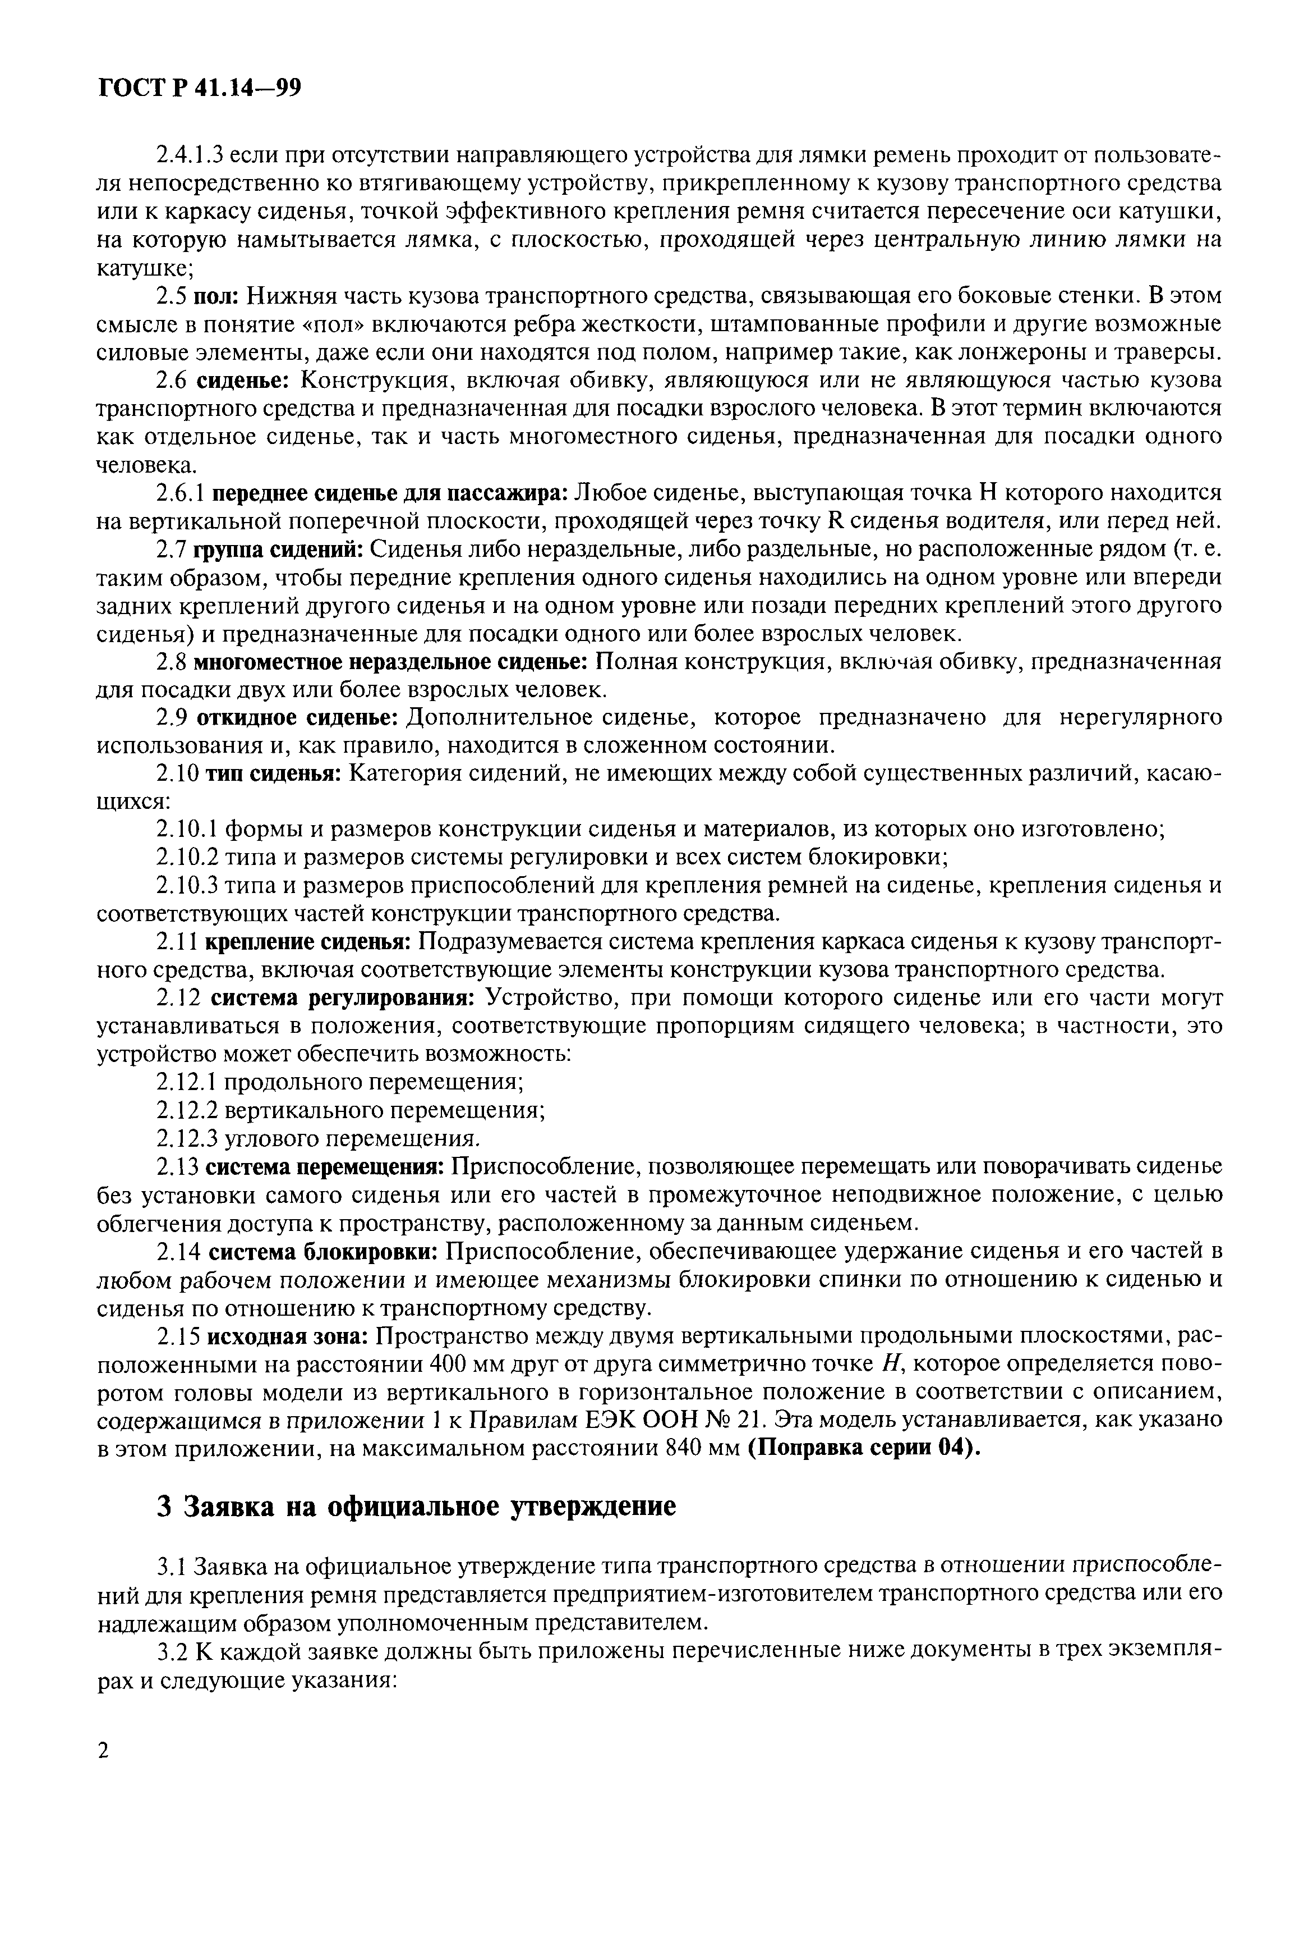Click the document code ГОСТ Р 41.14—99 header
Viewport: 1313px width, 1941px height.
pos(199,88)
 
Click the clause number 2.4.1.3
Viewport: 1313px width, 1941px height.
pos(190,155)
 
